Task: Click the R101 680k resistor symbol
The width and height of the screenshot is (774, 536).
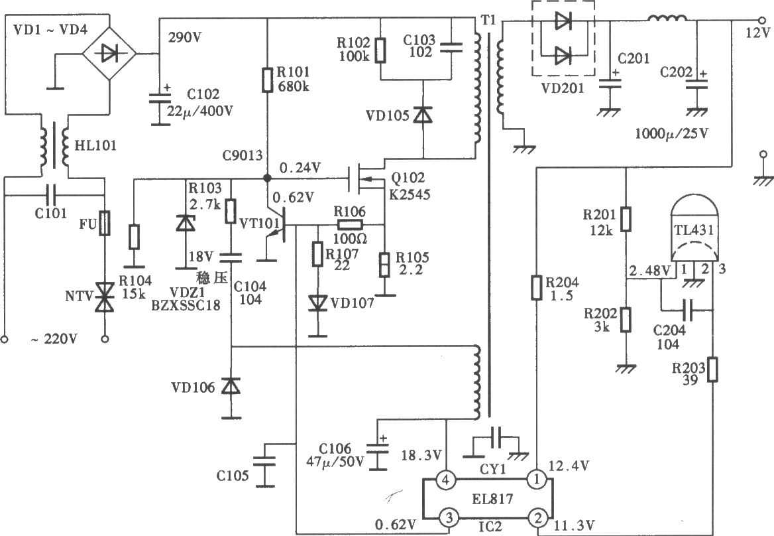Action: point(267,79)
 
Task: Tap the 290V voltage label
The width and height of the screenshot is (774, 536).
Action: point(186,37)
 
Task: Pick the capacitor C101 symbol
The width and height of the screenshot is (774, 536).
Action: point(52,196)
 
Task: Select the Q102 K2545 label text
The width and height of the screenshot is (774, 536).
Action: point(408,186)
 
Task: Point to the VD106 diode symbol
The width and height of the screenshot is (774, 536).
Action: point(230,386)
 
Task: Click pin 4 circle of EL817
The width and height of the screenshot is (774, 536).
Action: point(446,478)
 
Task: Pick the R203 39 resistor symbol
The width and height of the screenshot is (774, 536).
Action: point(712,369)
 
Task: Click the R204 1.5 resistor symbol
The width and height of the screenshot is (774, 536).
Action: point(536,287)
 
